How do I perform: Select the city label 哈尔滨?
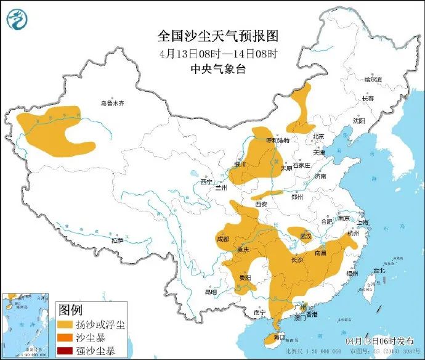373,80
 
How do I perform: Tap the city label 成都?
223,239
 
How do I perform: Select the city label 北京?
318,137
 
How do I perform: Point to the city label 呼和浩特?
277,141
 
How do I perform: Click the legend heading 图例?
70,309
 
